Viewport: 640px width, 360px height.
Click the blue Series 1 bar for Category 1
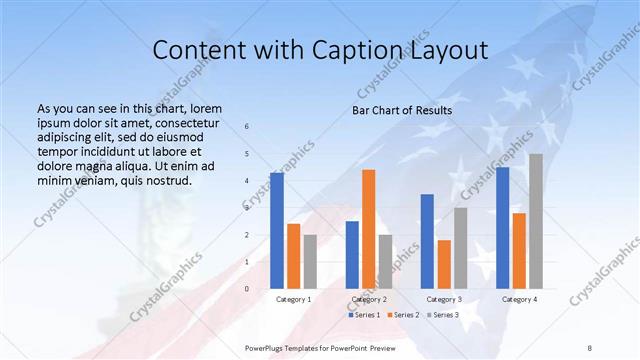(277, 230)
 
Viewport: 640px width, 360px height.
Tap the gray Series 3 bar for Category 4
(536, 221)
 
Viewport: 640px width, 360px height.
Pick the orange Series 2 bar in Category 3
(444, 264)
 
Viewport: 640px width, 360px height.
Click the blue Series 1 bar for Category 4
(502, 227)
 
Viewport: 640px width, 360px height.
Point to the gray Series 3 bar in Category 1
(310, 261)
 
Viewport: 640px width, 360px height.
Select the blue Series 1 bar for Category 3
(427, 241)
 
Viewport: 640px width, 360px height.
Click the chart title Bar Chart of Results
(402, 110)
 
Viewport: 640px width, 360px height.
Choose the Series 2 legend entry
(403, 315)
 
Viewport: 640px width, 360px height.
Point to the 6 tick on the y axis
(247, 126)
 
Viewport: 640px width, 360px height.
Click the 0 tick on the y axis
(247, 289)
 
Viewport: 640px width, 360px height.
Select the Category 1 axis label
(294, 299)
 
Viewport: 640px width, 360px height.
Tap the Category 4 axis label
(519, 299)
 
